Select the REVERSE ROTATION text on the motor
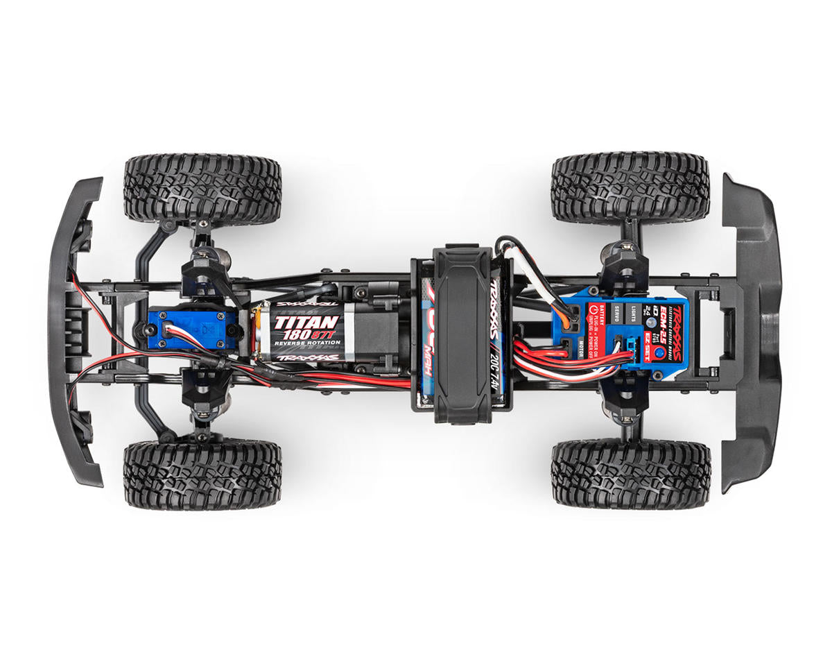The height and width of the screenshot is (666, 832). pos(306,345)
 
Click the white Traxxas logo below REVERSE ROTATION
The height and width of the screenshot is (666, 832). pos(307,358)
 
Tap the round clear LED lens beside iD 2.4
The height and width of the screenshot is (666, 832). pos(651,323)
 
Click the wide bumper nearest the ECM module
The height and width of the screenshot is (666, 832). pos(752,333)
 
